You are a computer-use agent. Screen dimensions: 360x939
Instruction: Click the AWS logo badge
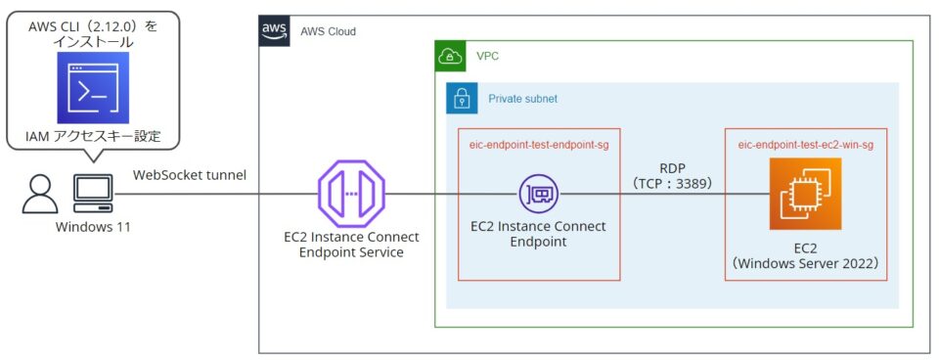(274, 31)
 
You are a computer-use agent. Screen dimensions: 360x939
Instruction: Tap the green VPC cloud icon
(450, 56)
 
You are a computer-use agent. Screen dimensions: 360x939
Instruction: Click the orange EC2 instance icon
(806, 194)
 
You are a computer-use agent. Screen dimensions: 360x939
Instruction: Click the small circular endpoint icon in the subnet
(538, 194)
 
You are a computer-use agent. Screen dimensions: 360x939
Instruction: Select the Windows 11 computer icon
(95, 194)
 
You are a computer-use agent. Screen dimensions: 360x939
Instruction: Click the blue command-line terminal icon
(93, 89)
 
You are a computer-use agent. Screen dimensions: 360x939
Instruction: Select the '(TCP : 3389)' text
(672, 184)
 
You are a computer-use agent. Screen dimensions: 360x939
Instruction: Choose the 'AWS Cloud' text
(328, 31)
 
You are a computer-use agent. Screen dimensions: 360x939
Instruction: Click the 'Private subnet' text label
(522, 99)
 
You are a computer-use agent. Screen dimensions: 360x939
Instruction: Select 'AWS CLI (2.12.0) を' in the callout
(93, 25)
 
